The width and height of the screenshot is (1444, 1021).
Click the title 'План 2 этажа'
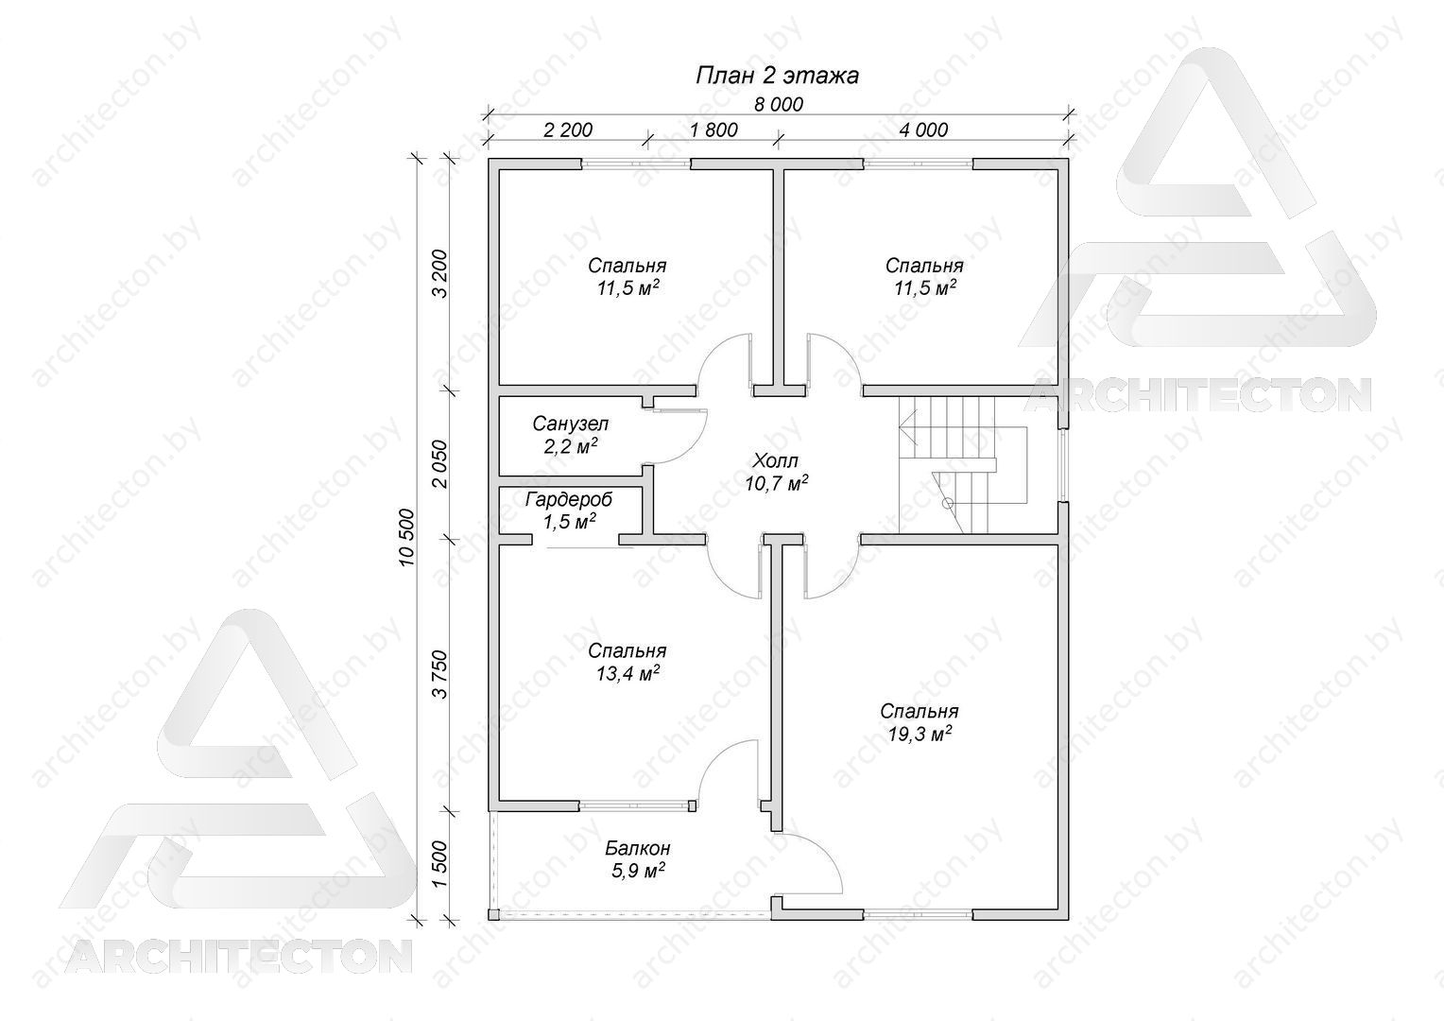[x=777, y=77]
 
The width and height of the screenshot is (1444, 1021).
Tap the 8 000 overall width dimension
[x=778, y=105]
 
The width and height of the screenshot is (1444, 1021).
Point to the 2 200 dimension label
[x=568, y=130]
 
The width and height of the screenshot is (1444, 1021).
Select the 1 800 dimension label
[x=713, y=130]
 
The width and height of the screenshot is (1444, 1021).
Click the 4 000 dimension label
[x=923, y=130]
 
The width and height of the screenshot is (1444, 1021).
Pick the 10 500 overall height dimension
[x=406, y=538]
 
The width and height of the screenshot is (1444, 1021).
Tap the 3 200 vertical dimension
[x=439, y=273]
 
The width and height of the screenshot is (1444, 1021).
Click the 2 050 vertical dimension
[x=439, y=464]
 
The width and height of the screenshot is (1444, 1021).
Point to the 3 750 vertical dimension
[x=439, y=675]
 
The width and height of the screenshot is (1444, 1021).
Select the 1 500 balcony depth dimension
[x=439, y=864]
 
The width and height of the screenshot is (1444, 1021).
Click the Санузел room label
[x=571, y=424]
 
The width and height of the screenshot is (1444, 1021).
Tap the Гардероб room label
[x=569, y=499]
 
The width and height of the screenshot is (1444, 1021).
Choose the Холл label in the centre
[x=775, y=460]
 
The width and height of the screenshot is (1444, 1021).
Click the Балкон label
[x=638, y=847]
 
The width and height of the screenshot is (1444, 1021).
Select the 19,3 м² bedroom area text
[x=920, y=734]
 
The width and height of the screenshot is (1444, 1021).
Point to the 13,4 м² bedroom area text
[x=627, y=673]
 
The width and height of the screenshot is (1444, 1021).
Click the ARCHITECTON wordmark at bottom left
[x=238, y=956]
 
